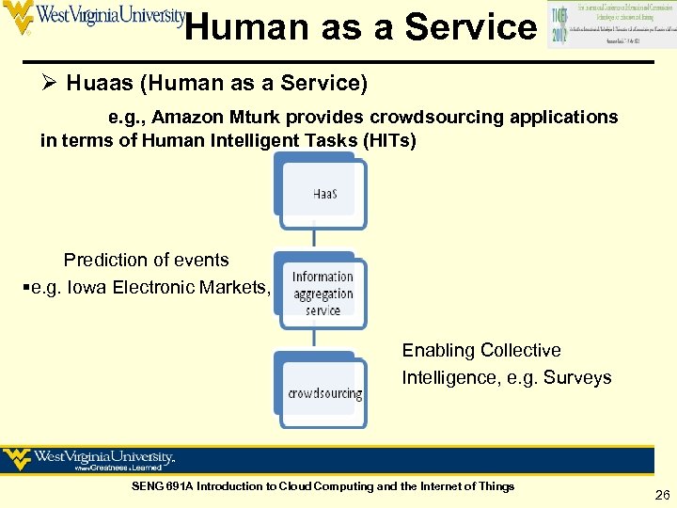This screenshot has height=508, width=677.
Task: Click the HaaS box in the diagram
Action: tap(321, 194)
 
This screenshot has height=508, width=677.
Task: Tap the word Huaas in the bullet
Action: tap(99, 84)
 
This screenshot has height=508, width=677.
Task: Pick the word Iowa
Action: tap(87, 287)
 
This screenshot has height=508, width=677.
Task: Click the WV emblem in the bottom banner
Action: tap(17, 460)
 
